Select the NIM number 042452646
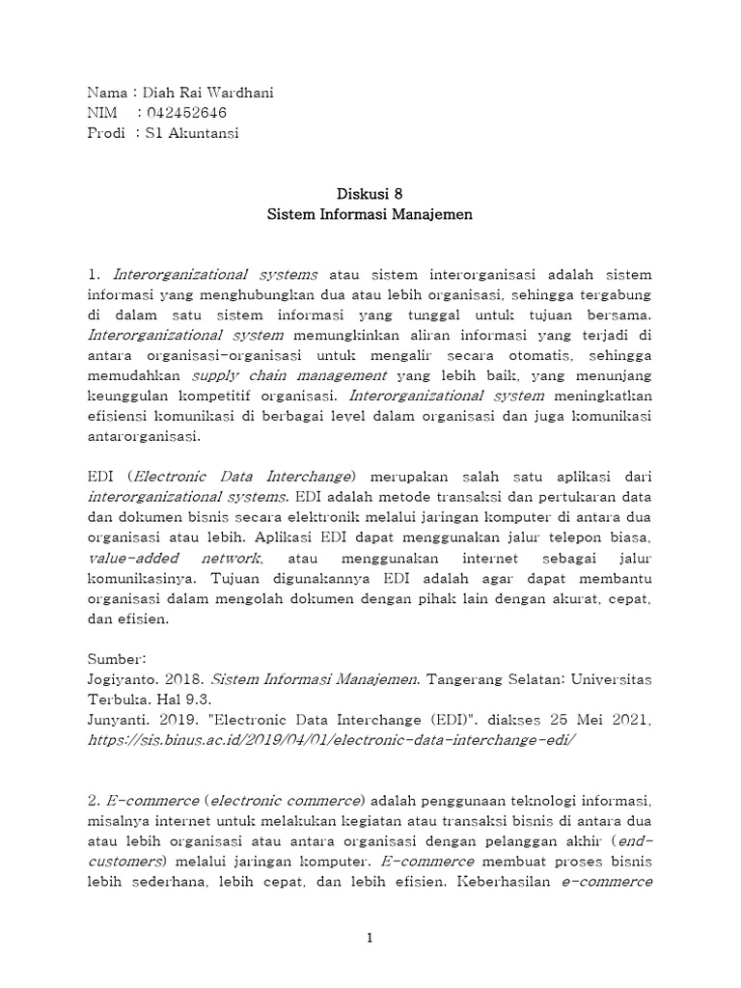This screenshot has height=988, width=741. [x=184, y=114]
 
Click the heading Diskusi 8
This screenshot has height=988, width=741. [x=370, y=193]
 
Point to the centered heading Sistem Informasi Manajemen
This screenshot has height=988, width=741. [x=370, y=214]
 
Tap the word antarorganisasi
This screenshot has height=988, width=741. [x=146, y=435]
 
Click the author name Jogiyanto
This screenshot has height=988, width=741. [x=123, y=678]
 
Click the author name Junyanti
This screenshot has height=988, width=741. [x=120, y=719]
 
